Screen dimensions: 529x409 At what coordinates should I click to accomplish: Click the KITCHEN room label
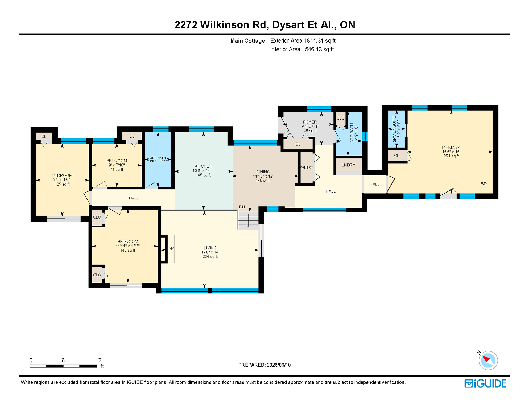[203, 166]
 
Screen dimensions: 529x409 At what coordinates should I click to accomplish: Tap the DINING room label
[263, 172]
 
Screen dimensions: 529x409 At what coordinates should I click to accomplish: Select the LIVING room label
[210, 248]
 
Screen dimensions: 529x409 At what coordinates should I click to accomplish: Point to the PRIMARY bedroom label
[451, 148]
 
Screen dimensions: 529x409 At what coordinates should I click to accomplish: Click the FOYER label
[310, 122]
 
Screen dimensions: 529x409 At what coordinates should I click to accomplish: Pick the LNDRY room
[349, 165]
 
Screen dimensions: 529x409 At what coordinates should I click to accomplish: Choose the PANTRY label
[306, 167]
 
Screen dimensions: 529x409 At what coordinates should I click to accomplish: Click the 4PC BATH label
[158, 158]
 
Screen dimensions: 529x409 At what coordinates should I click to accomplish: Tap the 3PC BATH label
[352, 133]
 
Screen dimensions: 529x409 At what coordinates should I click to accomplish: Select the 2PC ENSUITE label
[394, 129]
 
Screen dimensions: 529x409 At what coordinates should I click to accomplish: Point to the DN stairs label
[242, 207]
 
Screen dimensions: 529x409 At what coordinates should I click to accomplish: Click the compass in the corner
[488, 361]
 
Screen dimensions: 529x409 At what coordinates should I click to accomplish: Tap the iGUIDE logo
[486, 383]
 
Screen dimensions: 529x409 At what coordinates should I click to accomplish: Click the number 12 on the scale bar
[98, 360]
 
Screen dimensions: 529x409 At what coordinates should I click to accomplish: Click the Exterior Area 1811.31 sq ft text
[303, 41]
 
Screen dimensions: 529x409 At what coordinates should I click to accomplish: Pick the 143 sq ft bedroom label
[128, 250]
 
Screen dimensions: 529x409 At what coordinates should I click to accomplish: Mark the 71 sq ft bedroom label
[117, 169]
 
